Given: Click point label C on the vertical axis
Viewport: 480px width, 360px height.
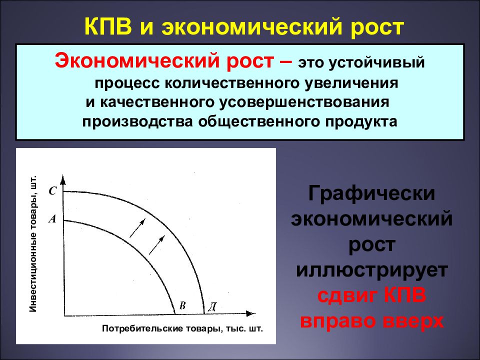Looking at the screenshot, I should pos(52,190).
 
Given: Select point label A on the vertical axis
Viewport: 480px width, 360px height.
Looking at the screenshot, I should pos(52,218).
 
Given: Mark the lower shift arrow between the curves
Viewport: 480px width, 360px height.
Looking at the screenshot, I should pos(157,245).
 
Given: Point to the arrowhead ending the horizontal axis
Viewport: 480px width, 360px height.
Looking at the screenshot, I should pos(251,315).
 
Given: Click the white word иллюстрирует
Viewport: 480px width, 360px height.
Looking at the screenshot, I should pos(371,270).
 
